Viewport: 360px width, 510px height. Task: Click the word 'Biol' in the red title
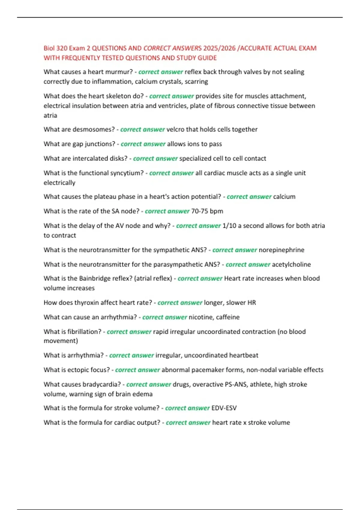(x=49, y=48)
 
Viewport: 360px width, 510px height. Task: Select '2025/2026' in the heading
(x=219, y=48)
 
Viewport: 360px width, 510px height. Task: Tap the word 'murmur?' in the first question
(x=120, y=72)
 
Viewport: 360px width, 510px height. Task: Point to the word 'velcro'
(x=175, y=130)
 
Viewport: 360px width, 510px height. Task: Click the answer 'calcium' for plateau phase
(x=284, y=197)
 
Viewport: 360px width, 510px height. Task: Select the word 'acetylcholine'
(x=291, y=265)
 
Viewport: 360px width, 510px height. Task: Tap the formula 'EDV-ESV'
(x=224, y=408)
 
